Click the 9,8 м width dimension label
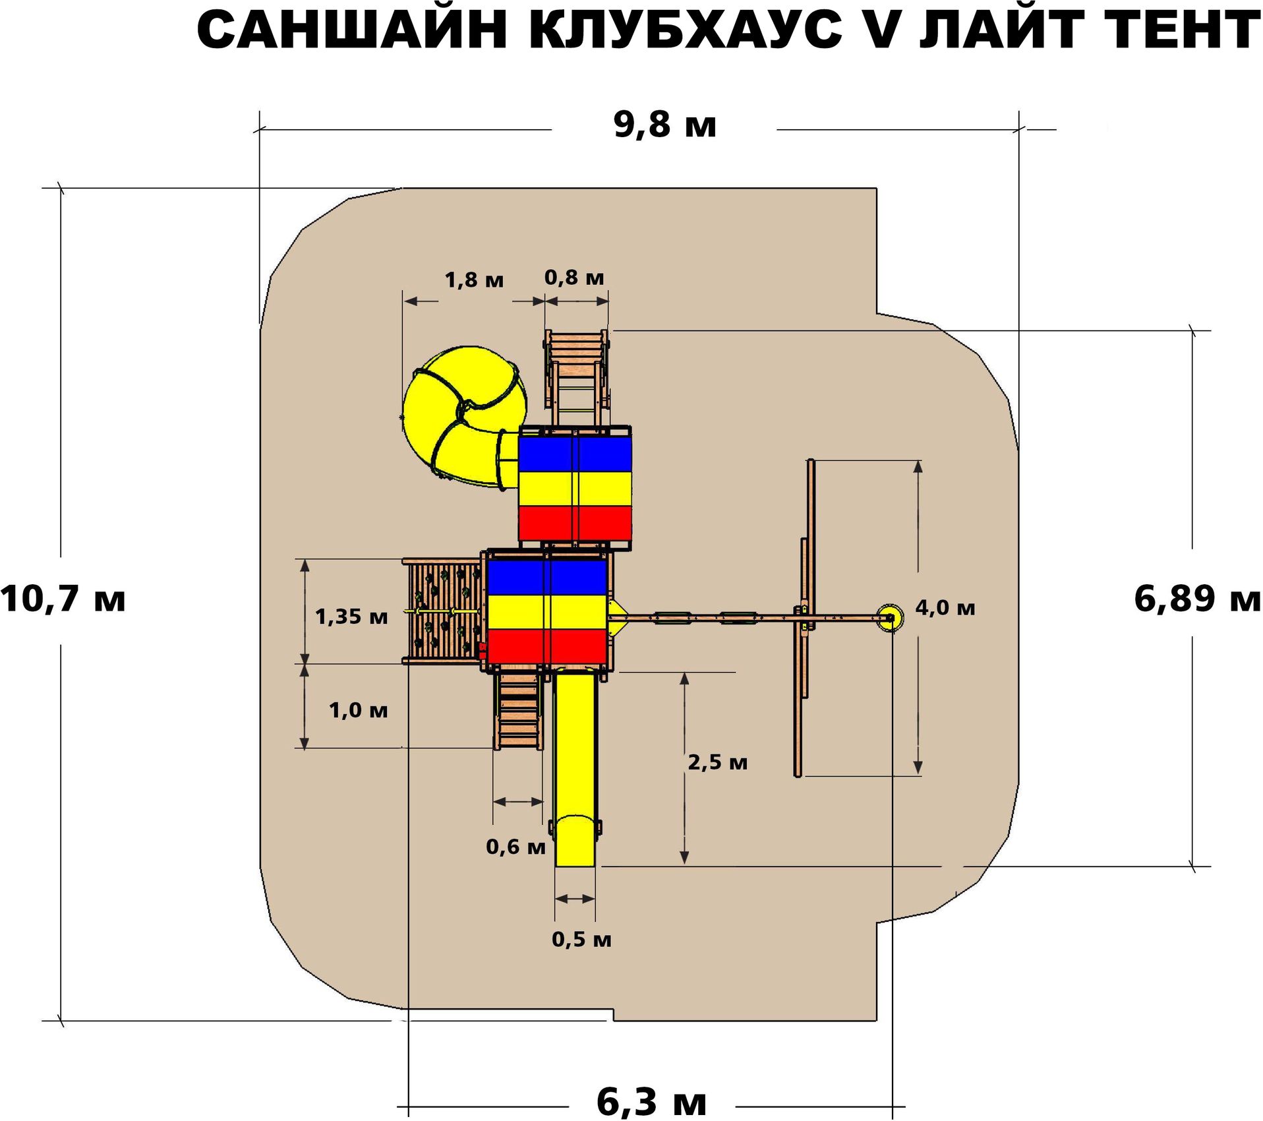click(x=664, y=125)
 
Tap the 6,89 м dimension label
click(x=1197, y=599)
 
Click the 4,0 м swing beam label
click(x=945, y=607)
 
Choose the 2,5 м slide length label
click(x=717, y=762)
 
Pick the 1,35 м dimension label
click(x=351, y=617)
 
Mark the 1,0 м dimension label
click(x=358, y=710)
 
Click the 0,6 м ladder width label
click(x=515, y=847)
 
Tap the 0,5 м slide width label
click(x=581, y=939)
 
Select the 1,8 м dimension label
click(x=474, y=280)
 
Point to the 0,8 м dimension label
click(x=574, y=278)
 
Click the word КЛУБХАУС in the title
click(x=686, y=30)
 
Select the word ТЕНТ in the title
click(x=1180, y=30)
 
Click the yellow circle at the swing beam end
click(x=889, y=617)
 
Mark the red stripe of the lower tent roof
click(x=546, y=646)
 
